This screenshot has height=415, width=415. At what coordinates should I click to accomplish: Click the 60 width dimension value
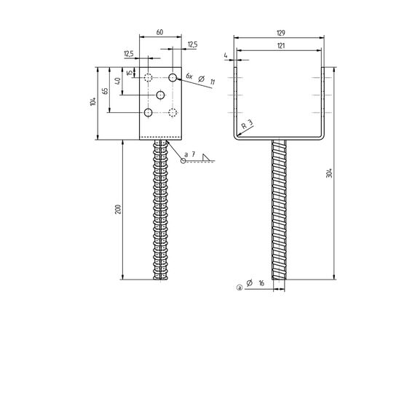pyautogui.click(x=159, y=32)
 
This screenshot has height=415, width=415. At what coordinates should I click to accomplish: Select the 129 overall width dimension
pyautogui.click(x=281, y=33)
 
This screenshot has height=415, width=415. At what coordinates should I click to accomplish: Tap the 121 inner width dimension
pyautogui.click(x=281, y=46)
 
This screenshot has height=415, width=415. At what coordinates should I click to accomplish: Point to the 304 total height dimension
pyautogui.click(x=329, y=173)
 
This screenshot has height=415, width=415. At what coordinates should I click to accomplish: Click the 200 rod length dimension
pyautogui.click(x=118, y=209)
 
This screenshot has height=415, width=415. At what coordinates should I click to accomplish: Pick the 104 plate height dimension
pyautogui.click(x=93, y=102)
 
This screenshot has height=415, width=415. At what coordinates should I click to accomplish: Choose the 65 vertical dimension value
pyautogui.click(x=105, y=91)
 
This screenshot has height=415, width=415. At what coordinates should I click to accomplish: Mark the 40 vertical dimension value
pyautogui.click(x=118, y=81)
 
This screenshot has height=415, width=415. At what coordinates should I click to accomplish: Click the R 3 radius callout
pyautogui.click(x=248, y=124)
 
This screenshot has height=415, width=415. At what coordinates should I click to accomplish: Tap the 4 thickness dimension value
pyautogui.click(x=226, y=55)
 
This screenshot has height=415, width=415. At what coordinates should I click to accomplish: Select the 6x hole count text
pyautogui.click(x=189, y=76)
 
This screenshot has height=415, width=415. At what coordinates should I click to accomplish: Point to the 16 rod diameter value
pyautogui.click(x=261, y=283)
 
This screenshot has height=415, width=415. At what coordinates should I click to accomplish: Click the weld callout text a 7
pyautogui.click(x=190, y=154)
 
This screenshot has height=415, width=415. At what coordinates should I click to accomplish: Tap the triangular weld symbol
pyautogui.click(x=206, y=157)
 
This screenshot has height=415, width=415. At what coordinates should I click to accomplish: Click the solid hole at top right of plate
pyautogui.click(x=173, y=78)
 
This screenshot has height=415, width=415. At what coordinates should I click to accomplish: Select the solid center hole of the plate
pyautogui.click(x=160, y=95)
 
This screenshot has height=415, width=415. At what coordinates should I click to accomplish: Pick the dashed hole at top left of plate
pyautogui.click(x=148, y=78)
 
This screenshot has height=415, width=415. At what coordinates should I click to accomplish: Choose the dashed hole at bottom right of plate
pyautogui.click(x=173, y=112)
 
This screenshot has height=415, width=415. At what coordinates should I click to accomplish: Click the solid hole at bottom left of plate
pyautogui.click(x=148, y=112)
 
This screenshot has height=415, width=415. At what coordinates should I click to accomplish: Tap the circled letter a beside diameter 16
pyautogui.click(x=239, y=288)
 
